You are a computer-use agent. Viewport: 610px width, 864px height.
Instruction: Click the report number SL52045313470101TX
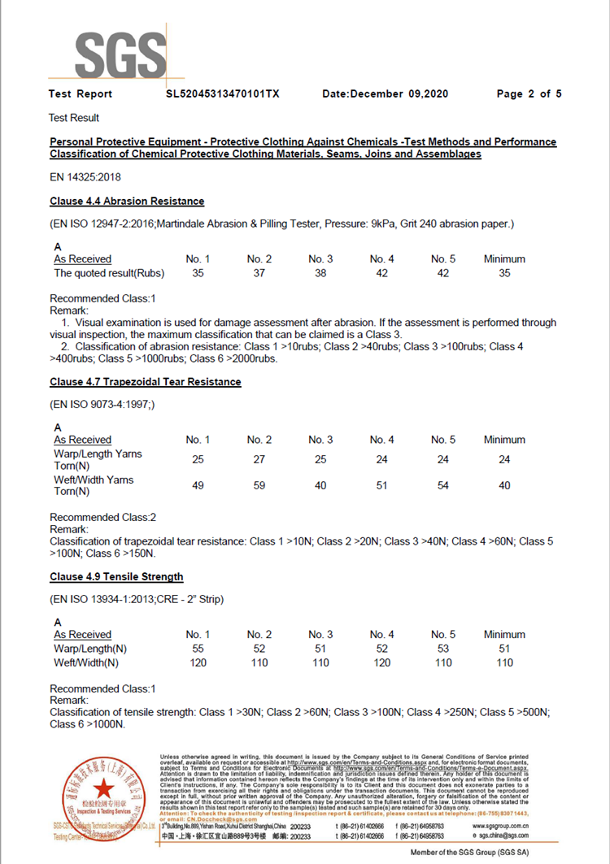coord(222,94)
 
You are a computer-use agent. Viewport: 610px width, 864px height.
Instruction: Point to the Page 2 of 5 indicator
coord(529,94)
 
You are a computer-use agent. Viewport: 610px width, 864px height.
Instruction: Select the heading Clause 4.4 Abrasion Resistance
coord(127,201)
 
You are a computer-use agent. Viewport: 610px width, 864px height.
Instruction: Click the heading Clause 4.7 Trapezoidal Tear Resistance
coord(145,381)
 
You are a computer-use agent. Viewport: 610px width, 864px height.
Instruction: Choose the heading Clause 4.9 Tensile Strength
coord(116,576)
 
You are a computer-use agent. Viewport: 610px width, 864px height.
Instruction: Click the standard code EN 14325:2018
coord(85,176)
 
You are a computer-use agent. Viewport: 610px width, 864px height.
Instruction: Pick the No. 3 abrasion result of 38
coord(320,273)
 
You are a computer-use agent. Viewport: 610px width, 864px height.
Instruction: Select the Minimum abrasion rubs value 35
coord(504,273)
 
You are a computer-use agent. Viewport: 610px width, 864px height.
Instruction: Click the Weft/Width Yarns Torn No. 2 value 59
coord(259,485)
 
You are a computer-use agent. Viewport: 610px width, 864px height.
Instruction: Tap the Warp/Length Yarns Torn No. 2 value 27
coord(259,460)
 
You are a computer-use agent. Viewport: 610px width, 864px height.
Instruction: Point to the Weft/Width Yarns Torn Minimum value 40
coord(504,485)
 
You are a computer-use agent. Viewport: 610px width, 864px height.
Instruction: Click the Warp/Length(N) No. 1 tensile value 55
coord(198,649)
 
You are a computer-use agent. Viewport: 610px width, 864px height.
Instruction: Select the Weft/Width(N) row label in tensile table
coord(86,662)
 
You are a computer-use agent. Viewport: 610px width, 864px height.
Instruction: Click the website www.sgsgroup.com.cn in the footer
coord(504,825)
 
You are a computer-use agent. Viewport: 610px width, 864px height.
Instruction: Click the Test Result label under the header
coord(74,118)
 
